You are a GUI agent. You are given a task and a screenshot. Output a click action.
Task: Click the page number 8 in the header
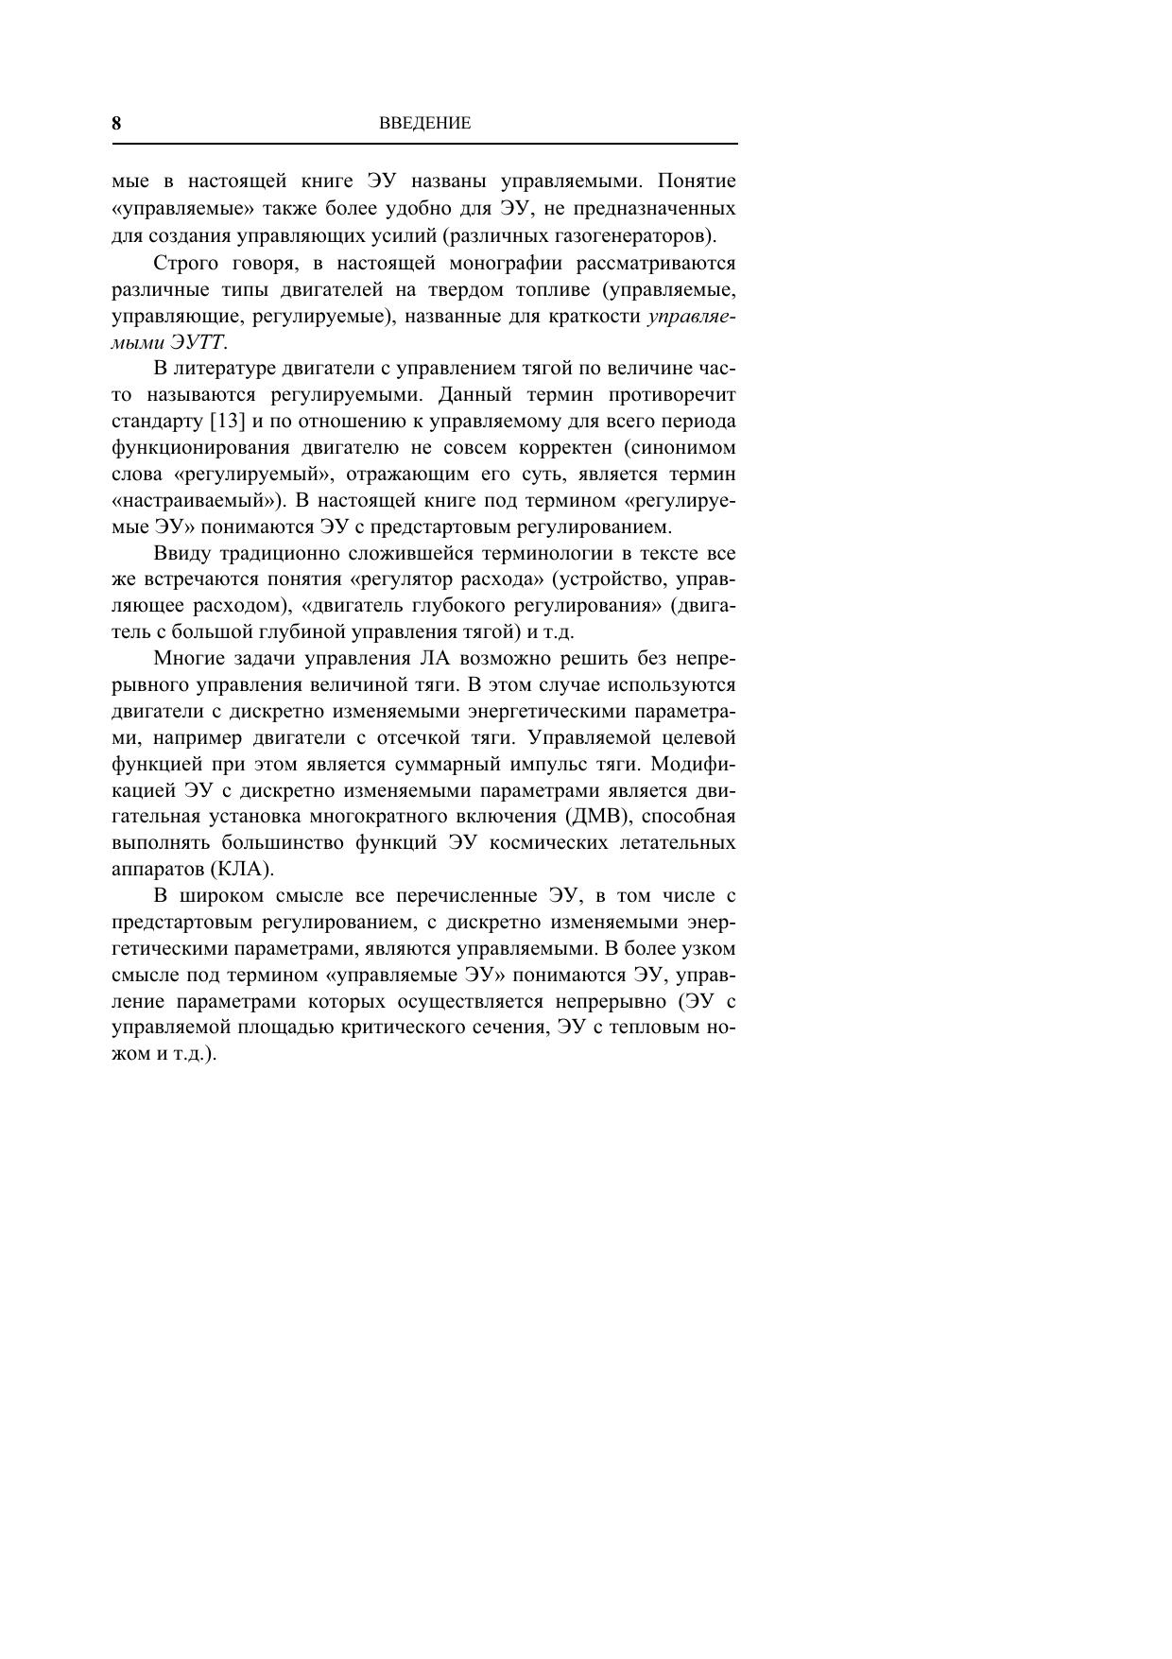coord(116,123)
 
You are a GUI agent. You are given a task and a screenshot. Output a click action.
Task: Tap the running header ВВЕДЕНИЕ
coord(424,123)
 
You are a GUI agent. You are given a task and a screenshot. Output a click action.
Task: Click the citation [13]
coord(228,421)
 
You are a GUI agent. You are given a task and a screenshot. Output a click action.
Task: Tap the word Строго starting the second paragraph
coord(184,262)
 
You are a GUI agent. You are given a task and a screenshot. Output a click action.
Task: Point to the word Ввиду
coord(179,553)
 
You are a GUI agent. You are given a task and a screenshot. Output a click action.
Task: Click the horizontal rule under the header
coord(424,144)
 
